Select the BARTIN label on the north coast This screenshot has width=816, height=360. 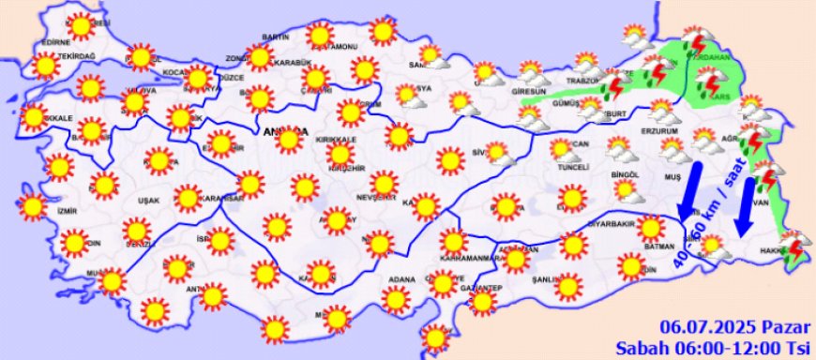point(275,36)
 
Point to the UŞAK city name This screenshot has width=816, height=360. point(148,201)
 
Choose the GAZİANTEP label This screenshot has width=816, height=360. point(483,287)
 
